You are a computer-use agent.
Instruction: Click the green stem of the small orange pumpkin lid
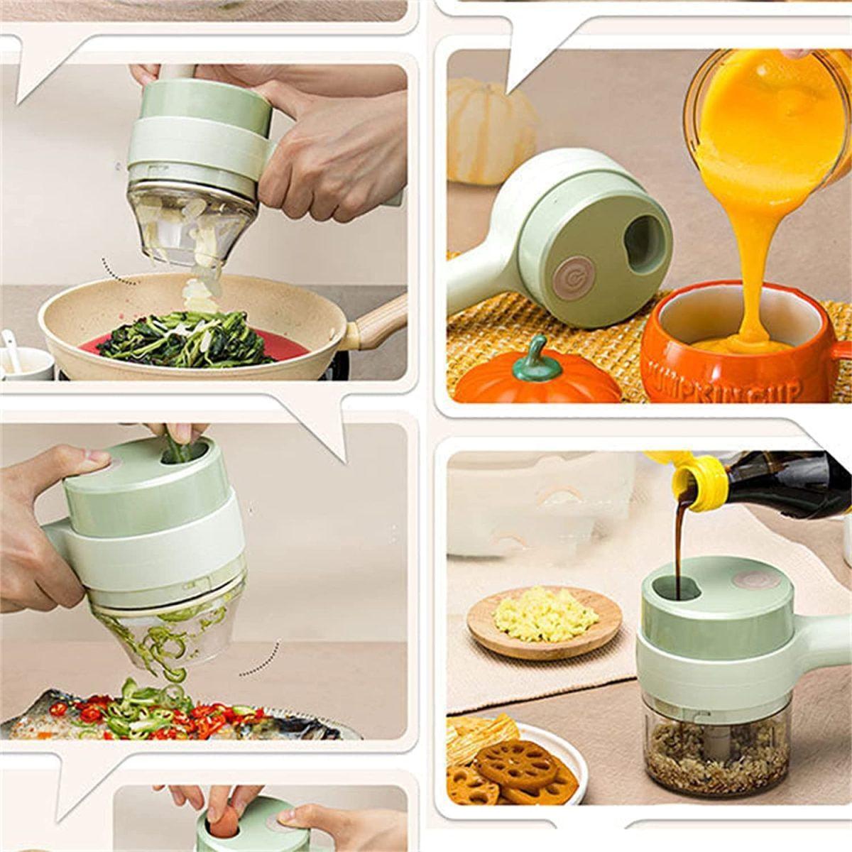[534, 353]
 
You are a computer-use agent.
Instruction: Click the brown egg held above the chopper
[225, 824]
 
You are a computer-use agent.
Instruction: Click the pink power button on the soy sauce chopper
[752, 579]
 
